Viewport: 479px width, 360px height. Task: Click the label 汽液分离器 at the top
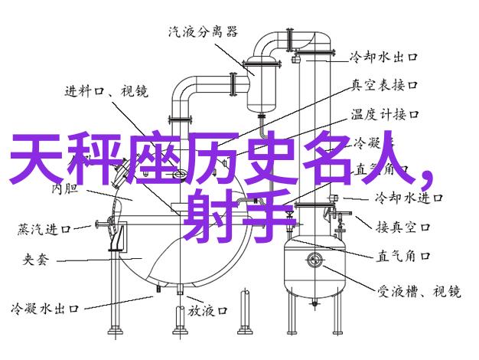[203, 32]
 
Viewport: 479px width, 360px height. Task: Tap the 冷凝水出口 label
[46, 311]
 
